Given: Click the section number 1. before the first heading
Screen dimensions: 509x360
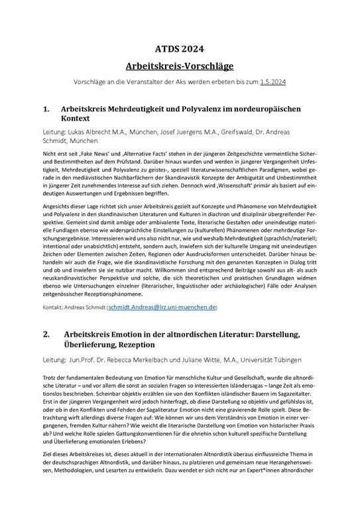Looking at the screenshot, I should pyautogui.click(x=46, y=107).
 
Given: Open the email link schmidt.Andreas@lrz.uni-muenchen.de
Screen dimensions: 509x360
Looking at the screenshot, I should pyautogui.click(x=170, y=308).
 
